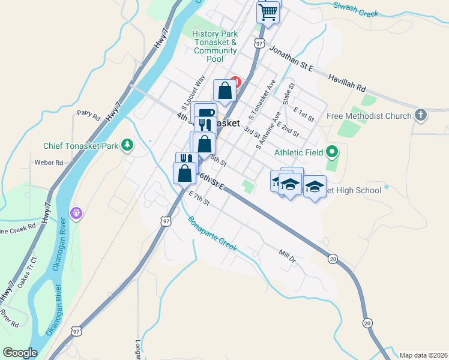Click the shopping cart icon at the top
[x=268, y=11]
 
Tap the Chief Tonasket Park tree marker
[x=127, y=145]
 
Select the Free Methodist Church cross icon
[x=421, y=115]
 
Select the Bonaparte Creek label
[x=212, y=233]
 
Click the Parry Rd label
[x=87, y=113]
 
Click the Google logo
[x=20, y=353]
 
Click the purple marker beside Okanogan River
[x=76, y=212]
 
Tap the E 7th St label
[x=199, y=199]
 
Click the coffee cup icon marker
[x=205, y=112]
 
